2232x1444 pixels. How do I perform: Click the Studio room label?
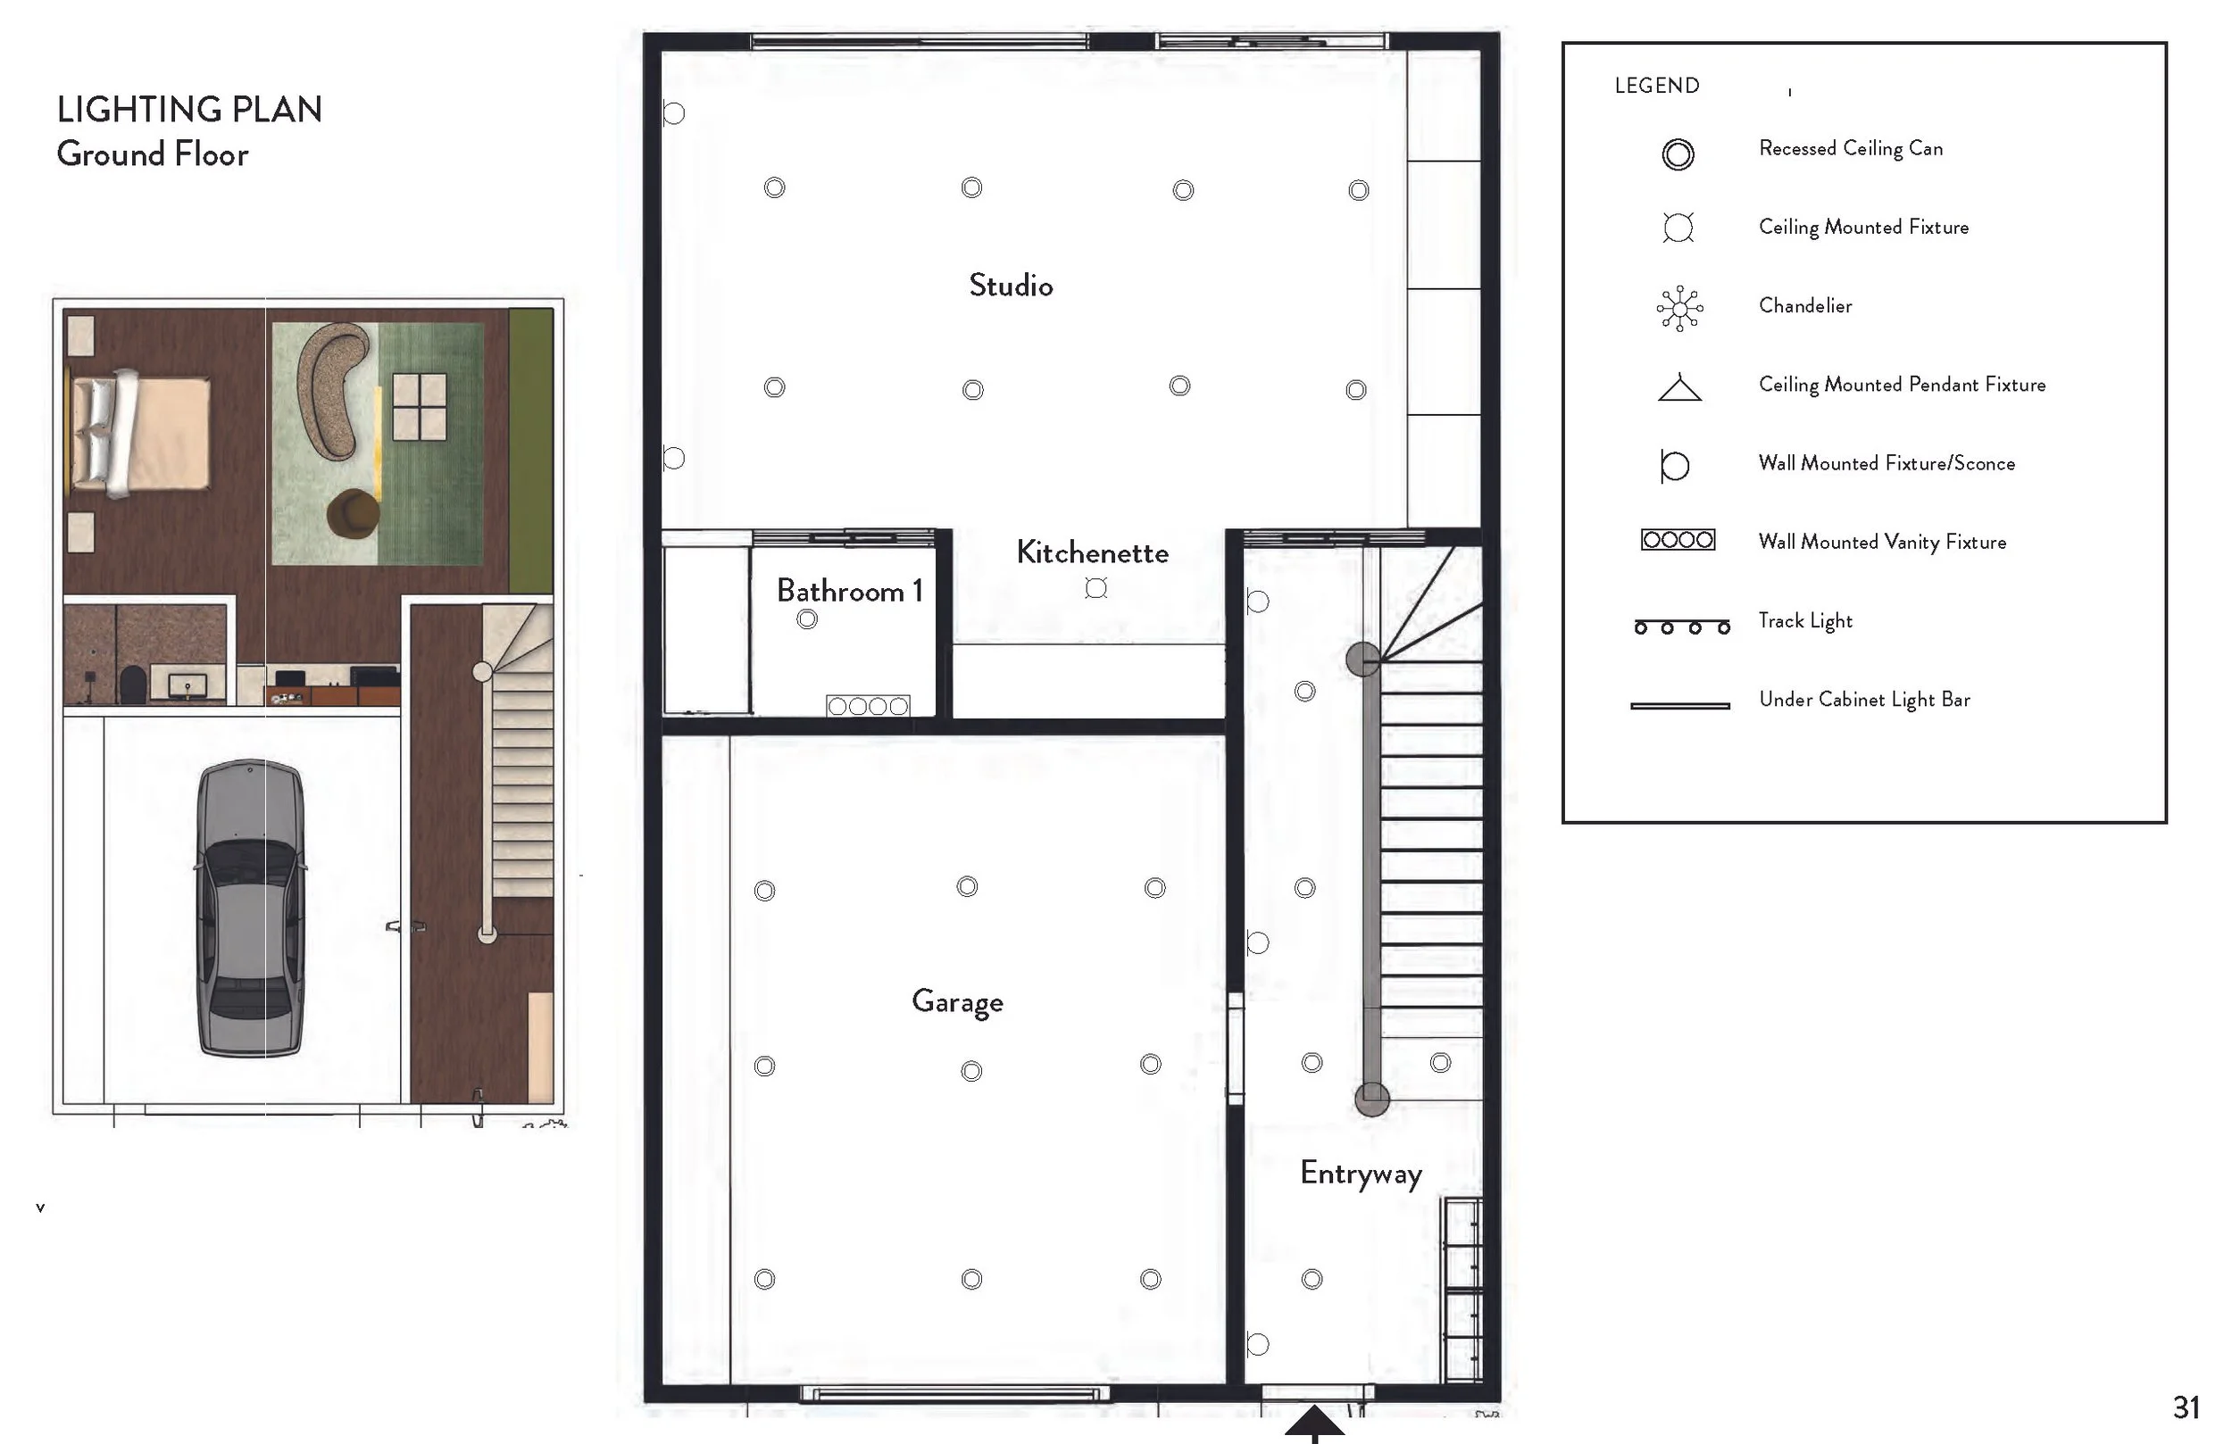[1011, 285]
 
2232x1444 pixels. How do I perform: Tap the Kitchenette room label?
[1093, 552]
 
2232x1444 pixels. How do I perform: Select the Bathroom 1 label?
[850, 591]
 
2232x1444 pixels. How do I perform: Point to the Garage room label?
[957, 1002]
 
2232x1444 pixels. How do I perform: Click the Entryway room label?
[1361, 1174]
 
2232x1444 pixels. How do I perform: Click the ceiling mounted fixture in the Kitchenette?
[1095, 588]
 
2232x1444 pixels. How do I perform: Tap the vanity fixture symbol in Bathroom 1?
[868, 706]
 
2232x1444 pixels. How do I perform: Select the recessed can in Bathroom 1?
[806, 618]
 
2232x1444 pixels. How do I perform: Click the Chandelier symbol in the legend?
[1679, 309]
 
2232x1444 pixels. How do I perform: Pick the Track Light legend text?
[1805, 621]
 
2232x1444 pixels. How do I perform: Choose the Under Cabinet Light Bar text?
[1864, 700]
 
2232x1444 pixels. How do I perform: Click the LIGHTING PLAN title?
[189, 110]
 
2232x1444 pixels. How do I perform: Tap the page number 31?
[2186, 1407]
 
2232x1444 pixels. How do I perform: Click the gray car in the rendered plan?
[250, 908]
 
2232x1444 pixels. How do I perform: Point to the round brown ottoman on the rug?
[354, 514]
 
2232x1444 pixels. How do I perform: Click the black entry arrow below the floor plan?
[1314, 1423]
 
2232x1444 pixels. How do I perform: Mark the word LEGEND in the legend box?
[1656, 86]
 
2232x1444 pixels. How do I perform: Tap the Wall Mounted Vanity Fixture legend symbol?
[1678, 540]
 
